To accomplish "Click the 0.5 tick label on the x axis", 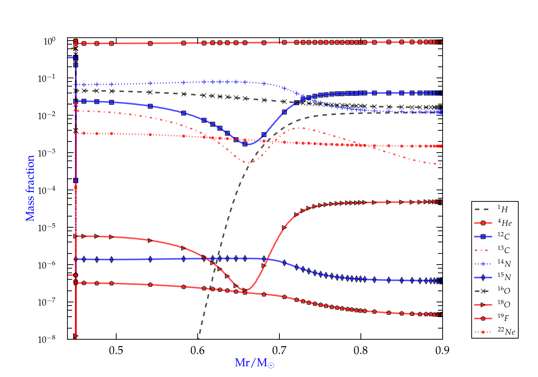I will pyautogui.click(x=116, y=350).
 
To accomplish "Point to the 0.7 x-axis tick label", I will pyautogui.click(x=279, y=350).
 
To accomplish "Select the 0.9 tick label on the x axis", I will pyautogui.click(x=442, y=350).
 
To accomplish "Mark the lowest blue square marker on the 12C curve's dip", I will pyautogui.click(x=245, y=144).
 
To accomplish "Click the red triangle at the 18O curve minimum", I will pyautogui.click(x=245, y=290).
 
